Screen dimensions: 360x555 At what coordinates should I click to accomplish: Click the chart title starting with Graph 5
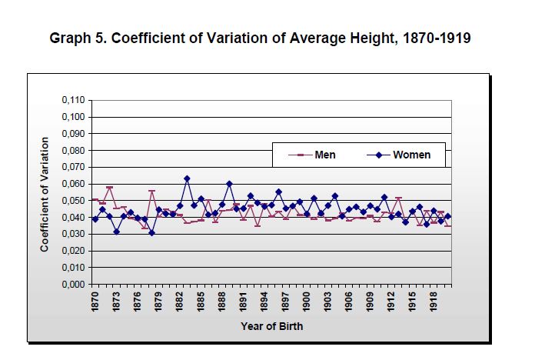(260, 38)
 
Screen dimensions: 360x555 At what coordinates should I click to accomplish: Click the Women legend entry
(411, 155)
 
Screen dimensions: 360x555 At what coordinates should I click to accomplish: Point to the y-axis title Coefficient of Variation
(45, 194)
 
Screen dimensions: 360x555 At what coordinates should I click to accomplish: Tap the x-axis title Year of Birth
(271, 326)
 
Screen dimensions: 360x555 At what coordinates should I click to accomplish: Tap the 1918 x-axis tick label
(434, 302)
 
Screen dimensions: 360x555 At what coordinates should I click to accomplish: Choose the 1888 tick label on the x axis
(222, 302)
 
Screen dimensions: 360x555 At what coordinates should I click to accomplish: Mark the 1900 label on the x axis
(307, 302)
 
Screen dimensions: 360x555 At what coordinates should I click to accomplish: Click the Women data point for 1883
(187, 178)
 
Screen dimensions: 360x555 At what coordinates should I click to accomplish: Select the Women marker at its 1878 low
(151, 233)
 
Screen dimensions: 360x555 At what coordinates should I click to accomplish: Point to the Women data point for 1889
(229, 184)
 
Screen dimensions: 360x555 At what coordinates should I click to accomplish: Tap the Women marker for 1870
(95, 219)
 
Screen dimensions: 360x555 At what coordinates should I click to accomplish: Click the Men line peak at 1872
(109, 188)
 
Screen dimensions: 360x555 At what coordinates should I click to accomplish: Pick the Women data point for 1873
(116, 232)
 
